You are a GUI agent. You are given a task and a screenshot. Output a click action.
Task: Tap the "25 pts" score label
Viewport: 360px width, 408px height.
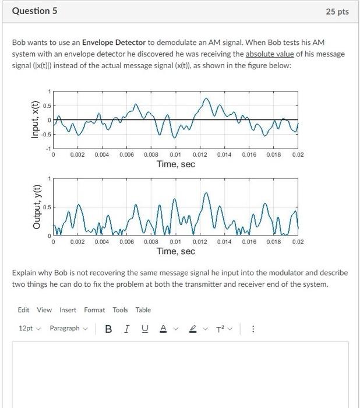pos(338,12)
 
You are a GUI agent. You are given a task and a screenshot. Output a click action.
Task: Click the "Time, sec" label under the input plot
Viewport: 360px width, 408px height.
pos(175,164)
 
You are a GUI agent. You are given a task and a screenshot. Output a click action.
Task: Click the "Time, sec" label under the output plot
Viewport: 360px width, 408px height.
pos(175,251)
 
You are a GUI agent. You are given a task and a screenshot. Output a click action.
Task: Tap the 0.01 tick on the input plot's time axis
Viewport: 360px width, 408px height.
pos(175,154)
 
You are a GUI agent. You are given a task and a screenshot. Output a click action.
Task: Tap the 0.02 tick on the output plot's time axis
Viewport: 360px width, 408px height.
pos(297,241)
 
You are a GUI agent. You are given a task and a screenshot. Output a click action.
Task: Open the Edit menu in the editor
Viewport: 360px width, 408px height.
pos(24,310)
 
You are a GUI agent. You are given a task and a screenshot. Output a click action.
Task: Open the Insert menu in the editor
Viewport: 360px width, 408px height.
pos(68,310)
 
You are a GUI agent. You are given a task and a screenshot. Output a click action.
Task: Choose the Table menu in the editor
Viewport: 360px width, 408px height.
pos(143,310)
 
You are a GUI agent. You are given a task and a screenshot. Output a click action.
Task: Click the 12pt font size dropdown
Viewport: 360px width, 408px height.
pos(29,328)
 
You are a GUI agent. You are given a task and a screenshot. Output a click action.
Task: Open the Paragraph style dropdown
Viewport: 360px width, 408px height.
pos(68,328)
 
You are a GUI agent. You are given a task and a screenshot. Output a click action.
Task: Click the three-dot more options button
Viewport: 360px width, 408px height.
pos(253,328)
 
